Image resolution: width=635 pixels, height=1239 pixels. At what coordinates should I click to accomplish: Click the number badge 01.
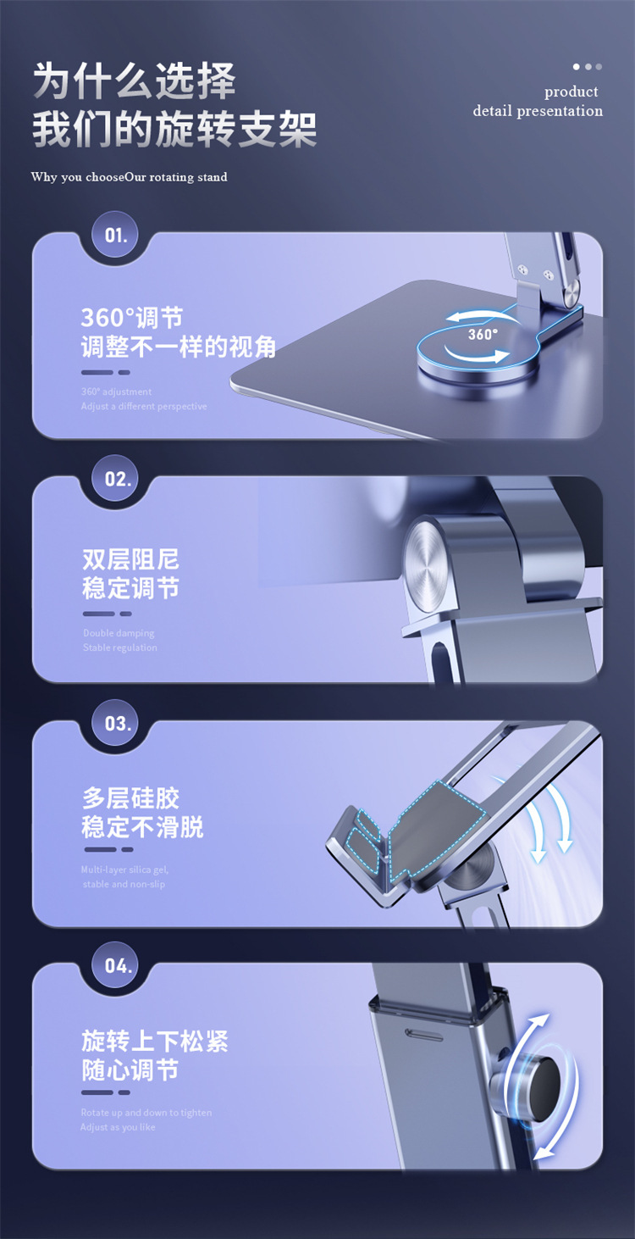116,235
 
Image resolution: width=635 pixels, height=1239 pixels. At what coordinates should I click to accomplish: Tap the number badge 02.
118,479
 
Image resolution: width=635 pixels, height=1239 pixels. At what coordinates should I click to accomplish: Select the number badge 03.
118,724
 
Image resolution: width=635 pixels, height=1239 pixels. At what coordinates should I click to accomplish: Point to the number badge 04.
118,965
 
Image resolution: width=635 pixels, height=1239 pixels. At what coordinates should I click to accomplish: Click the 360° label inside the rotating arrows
483,335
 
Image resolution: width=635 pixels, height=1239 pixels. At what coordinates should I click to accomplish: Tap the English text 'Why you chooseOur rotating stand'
129,177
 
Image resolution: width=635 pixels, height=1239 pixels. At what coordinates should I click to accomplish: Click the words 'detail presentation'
538,111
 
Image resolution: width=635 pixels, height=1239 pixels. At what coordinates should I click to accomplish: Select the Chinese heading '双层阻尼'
130,559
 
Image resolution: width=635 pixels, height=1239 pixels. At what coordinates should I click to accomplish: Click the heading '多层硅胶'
130,798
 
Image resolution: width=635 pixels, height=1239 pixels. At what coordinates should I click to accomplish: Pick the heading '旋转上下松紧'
155,1041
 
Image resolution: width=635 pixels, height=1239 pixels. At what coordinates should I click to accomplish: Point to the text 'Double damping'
119,633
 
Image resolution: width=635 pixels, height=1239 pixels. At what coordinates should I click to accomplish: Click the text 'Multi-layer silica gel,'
124,870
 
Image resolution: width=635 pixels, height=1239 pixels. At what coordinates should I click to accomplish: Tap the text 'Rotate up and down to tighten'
146,1113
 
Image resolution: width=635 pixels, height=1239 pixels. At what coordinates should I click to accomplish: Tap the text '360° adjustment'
116,392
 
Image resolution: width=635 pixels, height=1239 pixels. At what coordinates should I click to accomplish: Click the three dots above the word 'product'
587,67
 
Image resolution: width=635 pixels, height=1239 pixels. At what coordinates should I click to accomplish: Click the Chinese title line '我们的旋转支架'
174,131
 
